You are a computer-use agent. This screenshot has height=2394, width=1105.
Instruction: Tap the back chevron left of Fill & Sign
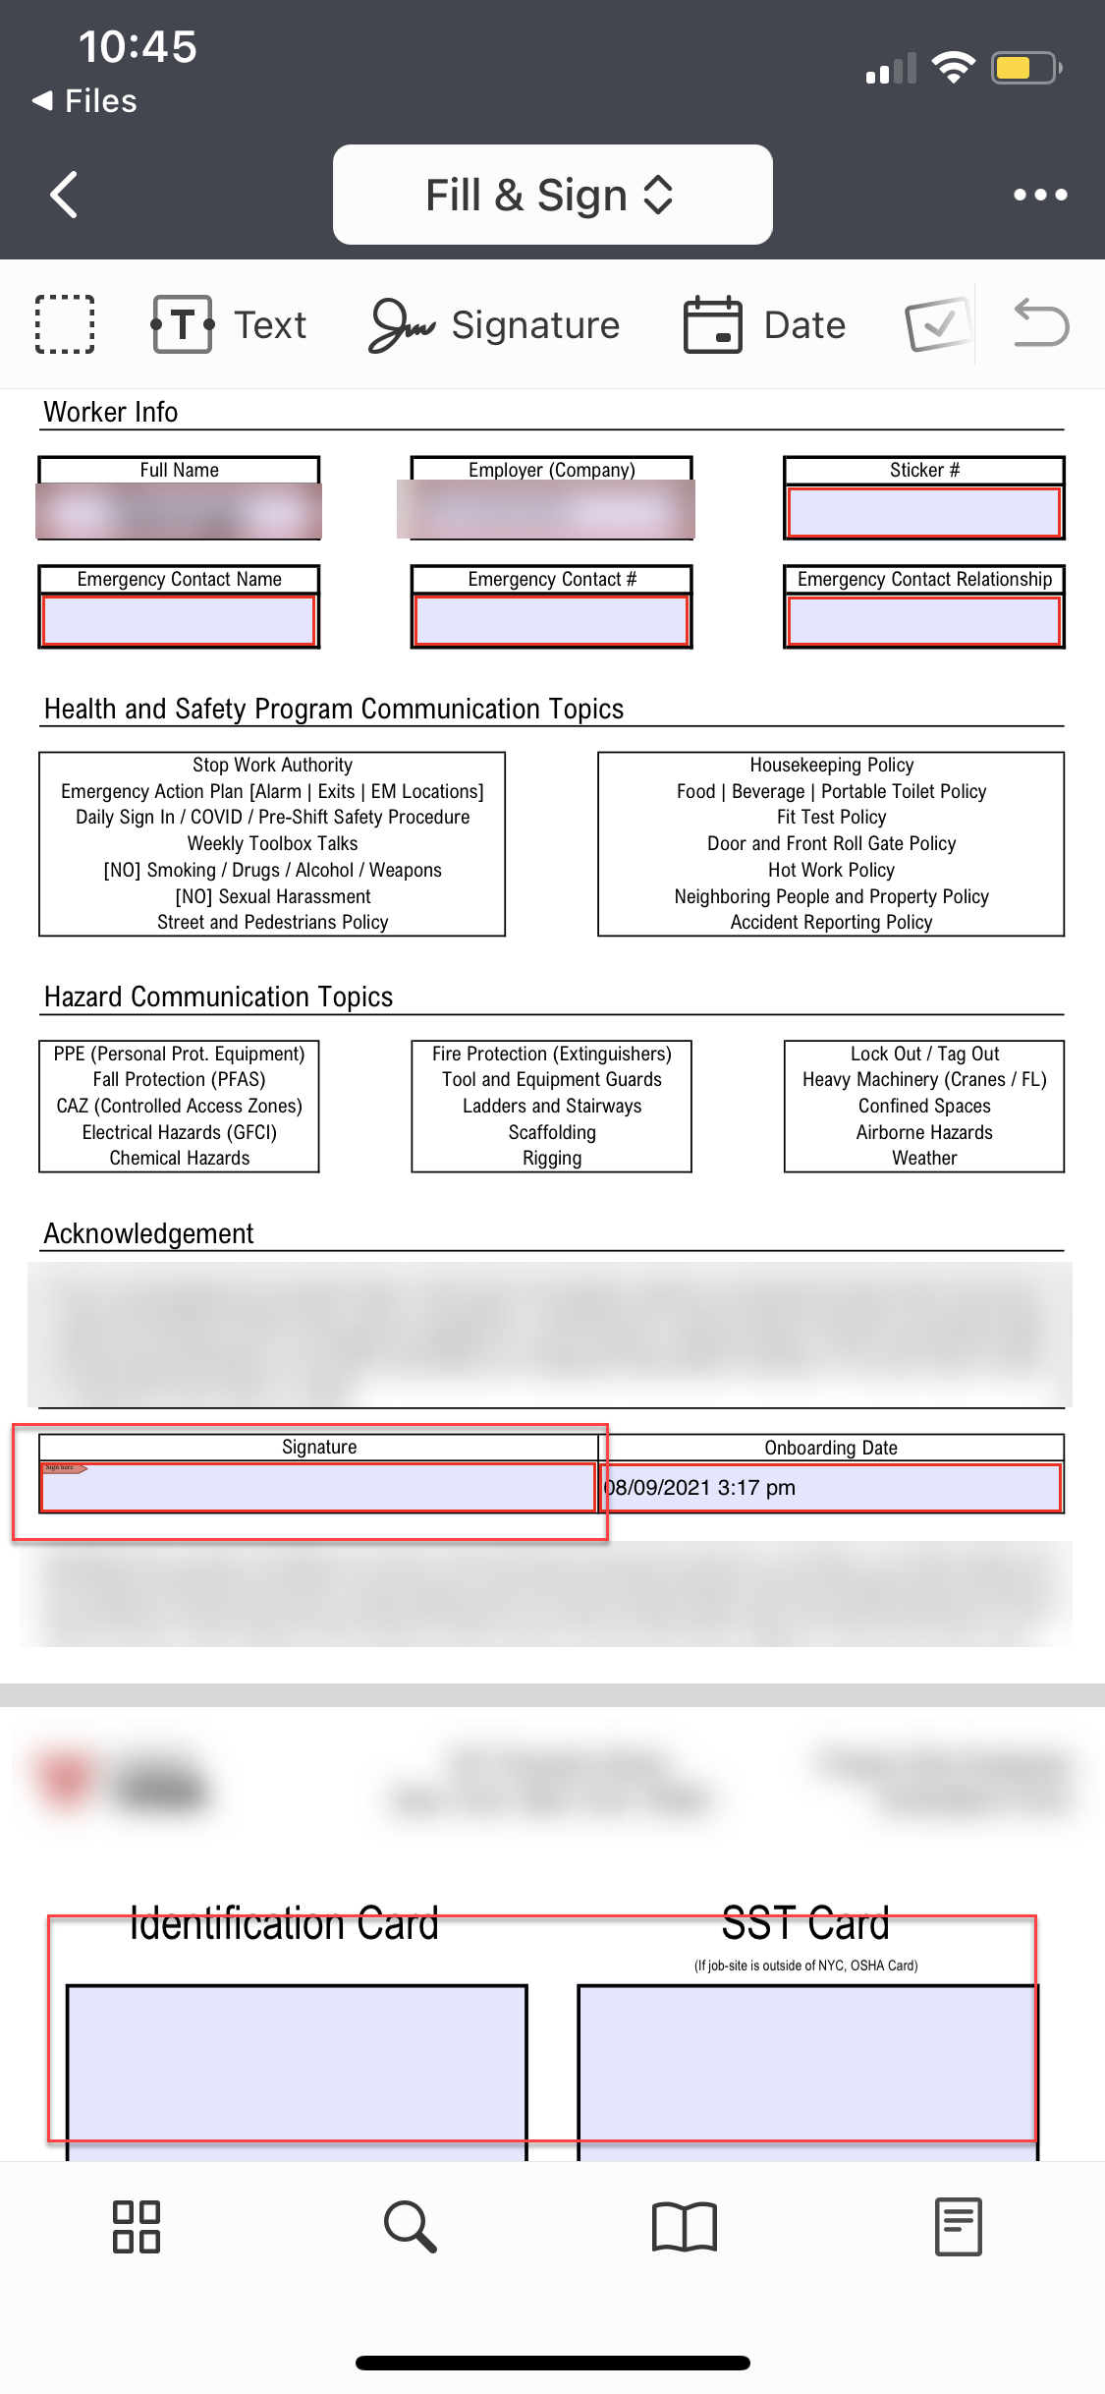coord(65,195)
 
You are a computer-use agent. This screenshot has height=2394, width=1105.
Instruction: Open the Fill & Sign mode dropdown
coord(552,195)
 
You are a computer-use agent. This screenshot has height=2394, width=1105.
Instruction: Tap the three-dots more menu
coord(1040,195)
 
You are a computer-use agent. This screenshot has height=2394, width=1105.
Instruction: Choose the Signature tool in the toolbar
coord(495,324)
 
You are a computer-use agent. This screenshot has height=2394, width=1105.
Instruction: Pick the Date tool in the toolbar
coord(765,324)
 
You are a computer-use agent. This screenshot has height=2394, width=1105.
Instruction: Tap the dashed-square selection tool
coord(65,324)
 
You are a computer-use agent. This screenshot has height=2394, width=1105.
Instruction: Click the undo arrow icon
coord(1041,324)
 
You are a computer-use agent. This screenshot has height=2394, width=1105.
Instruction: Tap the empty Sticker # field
coord(923,512)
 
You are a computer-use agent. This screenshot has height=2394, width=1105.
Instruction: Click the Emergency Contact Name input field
coord(179,621)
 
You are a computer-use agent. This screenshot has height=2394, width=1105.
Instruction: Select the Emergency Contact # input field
coord(551,621)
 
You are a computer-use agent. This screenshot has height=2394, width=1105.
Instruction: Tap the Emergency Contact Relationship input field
coord(923,621)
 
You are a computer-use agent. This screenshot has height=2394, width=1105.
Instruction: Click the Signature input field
coord(318,1487)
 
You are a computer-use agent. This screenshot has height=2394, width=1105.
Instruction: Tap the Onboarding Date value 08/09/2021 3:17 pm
coord(699,1488)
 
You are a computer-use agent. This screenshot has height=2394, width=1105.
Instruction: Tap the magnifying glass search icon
coord(410,2226)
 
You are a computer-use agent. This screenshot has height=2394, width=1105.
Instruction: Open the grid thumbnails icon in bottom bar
coord(137,2226)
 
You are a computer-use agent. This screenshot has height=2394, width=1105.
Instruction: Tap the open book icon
coord(685,2226)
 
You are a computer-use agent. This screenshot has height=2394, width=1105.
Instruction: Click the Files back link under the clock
coord(85,101)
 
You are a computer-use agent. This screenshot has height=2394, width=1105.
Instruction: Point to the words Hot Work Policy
coord(831,870)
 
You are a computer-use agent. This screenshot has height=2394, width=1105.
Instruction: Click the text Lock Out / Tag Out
coord(924,1054)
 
